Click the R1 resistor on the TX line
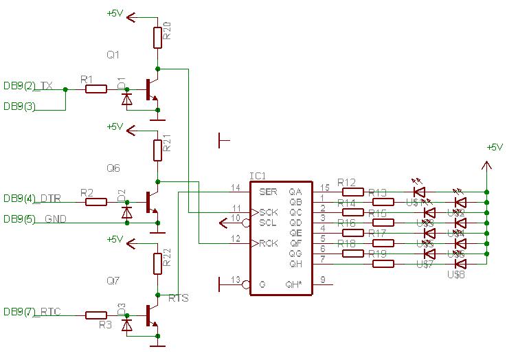tap(96, 89)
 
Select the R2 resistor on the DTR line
tap(96, 202)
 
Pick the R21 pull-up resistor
tap(158, 149)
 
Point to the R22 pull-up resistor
tap(158, 262)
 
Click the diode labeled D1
tap(126, 99)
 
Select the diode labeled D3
tap(126, 325)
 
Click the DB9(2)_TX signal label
tap(28, 86)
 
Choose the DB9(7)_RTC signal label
tap(32, 312)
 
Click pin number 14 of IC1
tap(236, 187)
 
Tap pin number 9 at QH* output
tap(322, 279)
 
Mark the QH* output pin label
tap(294, 284)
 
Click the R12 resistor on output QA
tap(353, 192)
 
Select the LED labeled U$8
tap(461, 264)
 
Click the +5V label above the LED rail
tap(495, 147)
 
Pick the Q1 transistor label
tap(113, 54)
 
